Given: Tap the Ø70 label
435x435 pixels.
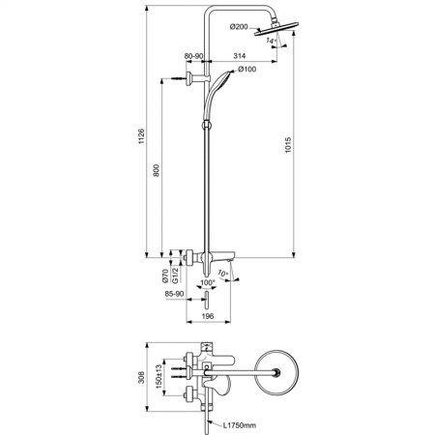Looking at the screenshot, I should (164, 275).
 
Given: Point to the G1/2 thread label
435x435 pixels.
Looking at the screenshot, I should (176, 275).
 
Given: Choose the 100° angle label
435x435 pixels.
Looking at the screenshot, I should (206, 283).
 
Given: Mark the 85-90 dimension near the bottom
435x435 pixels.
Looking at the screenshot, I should (176, 295).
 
